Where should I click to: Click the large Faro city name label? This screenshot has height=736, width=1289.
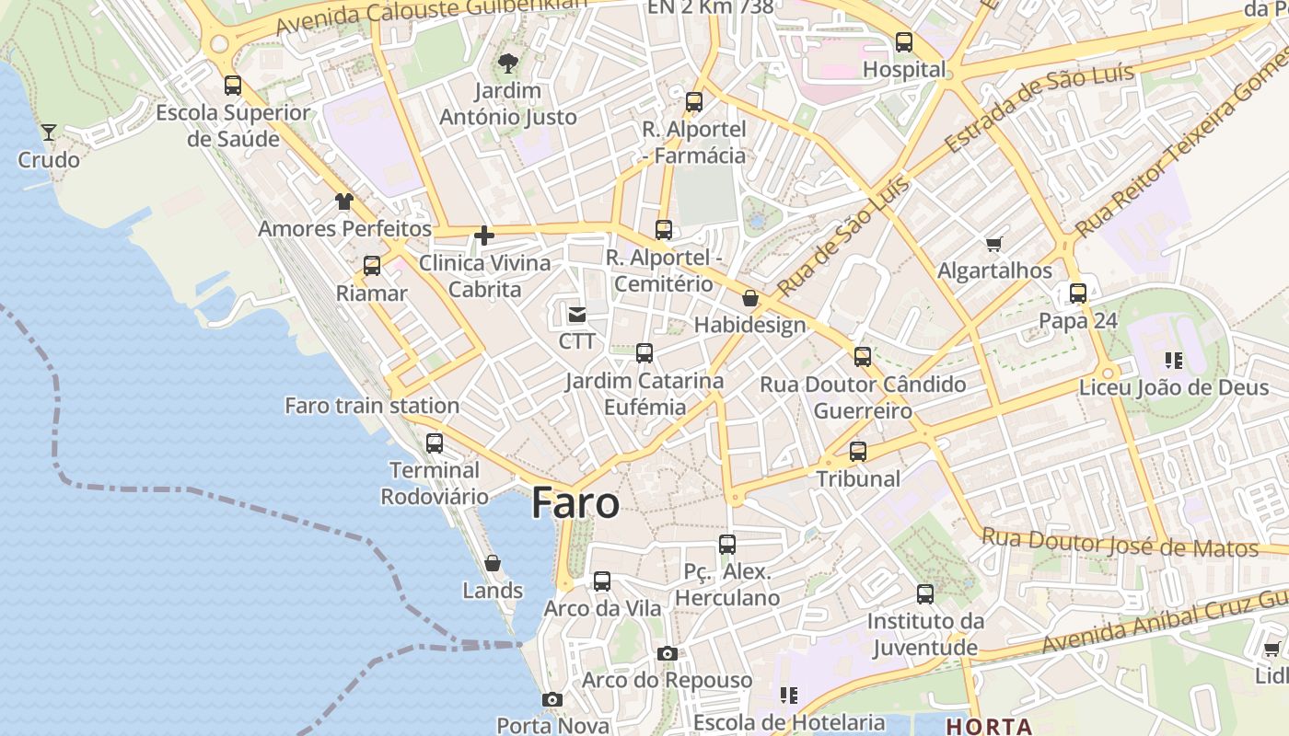(x=575, y=503)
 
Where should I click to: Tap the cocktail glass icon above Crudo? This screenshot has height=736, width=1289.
(x=49, y=132)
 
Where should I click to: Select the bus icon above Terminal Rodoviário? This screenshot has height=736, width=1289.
(x=435, y=443)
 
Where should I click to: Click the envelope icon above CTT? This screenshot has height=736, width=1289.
(x=577, y=315)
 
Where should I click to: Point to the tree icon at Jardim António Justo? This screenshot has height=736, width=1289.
(x=507, y=63)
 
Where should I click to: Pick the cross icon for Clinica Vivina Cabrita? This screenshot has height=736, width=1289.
(x=484, y=236)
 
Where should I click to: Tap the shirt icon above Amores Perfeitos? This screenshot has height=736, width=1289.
(x=344, y=201)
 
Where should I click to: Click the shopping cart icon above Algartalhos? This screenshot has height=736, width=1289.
(x=993, y=244)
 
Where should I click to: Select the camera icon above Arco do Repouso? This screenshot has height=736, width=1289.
(x=668, y=653)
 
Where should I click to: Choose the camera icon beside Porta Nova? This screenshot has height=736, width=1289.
(x=552, y=700)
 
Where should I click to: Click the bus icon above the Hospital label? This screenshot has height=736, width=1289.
(x=904, y=42)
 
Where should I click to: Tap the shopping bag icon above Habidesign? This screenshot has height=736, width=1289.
(x=750, y=298)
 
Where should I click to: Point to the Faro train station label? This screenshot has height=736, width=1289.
(x=372, y=406)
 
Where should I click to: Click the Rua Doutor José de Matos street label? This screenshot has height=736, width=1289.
(x=1120, y=543)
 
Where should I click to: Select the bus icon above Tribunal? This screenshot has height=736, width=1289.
(x=858, y=452)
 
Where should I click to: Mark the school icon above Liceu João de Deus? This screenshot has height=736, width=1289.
(x=1173, y=360)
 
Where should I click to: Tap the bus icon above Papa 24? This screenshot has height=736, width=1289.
(x=1078, y=294)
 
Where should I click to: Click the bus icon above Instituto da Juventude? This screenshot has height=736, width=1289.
(x=925, y=594)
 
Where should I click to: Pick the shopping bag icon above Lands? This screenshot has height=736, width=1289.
(x=493, y=563)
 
